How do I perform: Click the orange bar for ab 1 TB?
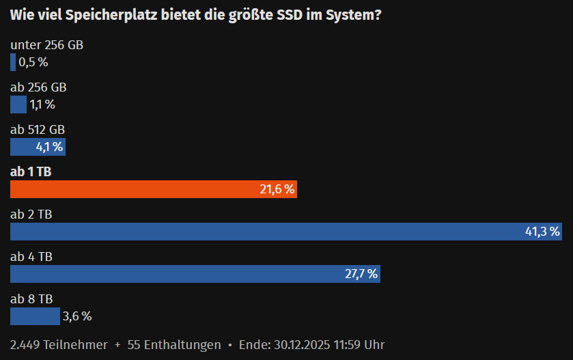pyautogui.click(x=137, y=189)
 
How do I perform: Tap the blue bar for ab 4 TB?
pyautogui.click(x=178, y=274)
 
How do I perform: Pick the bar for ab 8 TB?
pyautogui.click(x=35, y=316)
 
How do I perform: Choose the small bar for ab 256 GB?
pyautogui.click(x=18, y=105)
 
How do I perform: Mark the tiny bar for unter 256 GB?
pyautogui.click(x=13, y=62)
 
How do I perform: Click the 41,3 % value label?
pyautogui.click(x=542, y=232)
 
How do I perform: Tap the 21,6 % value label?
pyautogui.click(x=277, y=189)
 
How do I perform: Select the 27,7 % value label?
pyautogui.click(x=361, y=274)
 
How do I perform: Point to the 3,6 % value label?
pyautogui.click(x=76, y=316)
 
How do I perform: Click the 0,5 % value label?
pyautogui.click(x=33, y=62)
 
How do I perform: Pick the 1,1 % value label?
pyautogui.click(x=42, y=105)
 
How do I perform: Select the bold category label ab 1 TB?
pyautogui.click(x=31, y=172)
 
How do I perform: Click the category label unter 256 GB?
pyautogui.click(x=47, y=45)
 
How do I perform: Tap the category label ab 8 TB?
pyautogui.click(x=31, y=299)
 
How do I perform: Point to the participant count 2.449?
pyautogui.click(x=25, y=345)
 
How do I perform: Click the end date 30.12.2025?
pyautogui.click(x=301, y=345)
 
